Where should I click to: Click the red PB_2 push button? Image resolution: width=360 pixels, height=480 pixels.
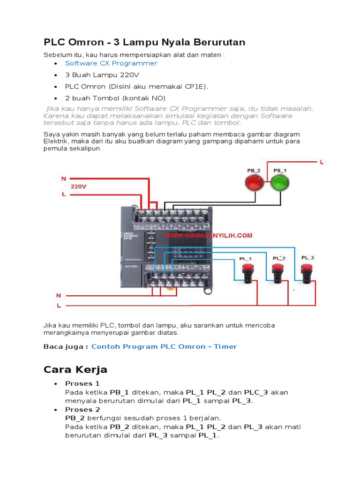pos(255,182)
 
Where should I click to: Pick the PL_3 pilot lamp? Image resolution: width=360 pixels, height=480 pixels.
pos(307,271)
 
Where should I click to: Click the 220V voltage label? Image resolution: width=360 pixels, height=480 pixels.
pos(79,186)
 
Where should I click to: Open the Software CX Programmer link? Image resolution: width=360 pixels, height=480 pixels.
pos(111,63)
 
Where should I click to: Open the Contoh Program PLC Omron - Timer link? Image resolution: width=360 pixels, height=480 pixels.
pos(164,346)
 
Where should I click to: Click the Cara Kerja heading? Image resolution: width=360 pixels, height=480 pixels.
pos(75,370)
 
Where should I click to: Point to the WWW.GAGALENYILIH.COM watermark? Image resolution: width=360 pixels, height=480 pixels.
pos(208,235)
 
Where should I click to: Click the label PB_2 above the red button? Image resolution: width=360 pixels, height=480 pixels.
pos(254,170)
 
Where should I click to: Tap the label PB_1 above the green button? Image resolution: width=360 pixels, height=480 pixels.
pos(280,170)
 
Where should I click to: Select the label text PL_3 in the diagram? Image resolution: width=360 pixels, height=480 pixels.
pos(307,257)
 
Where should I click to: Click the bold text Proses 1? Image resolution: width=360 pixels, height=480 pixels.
pos(79,383)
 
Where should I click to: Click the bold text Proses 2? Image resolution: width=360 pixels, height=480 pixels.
pos(79,409)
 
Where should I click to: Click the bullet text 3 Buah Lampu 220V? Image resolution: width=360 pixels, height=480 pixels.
pos(102,75)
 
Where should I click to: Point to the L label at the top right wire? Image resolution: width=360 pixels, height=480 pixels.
pos(322,162)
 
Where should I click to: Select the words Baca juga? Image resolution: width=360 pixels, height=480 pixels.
pos(66,346)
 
